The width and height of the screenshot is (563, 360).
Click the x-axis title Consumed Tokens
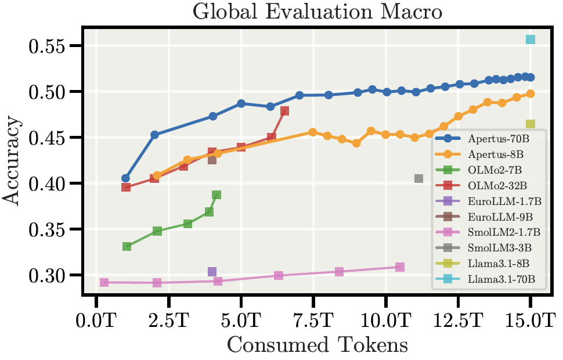point(317,345)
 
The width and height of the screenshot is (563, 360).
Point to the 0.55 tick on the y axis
point(48,46)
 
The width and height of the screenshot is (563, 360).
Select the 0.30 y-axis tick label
point(48,275)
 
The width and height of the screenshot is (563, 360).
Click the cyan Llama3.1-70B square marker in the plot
point(530,39)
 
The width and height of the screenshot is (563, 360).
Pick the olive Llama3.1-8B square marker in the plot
point(530,124)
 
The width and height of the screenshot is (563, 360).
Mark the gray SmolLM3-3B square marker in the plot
point(418,179)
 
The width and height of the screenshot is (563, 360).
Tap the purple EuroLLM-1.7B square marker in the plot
point(212,272)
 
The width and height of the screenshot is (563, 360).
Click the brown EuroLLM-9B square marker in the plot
point(212,160)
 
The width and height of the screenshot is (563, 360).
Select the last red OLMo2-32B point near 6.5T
point(284,111)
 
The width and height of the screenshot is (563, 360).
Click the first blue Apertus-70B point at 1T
point(125,178)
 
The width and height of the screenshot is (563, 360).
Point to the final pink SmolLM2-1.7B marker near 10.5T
point(400,267)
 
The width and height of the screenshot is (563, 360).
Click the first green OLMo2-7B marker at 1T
point(127,247)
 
